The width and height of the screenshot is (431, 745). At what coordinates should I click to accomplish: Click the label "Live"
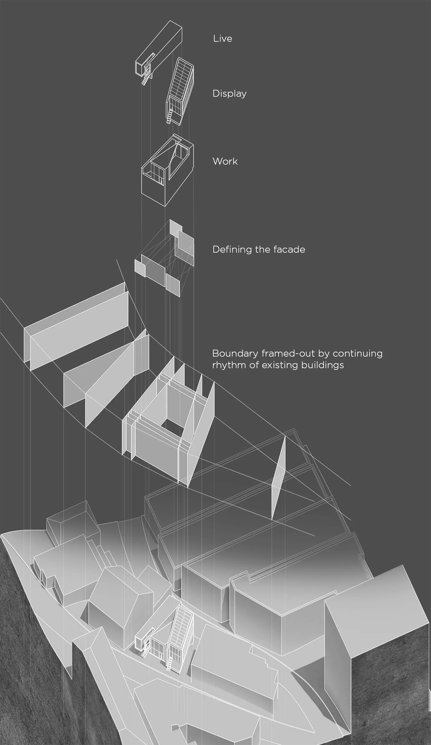tap(223, 38)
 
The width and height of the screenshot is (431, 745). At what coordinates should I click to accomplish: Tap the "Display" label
tap(230, 93)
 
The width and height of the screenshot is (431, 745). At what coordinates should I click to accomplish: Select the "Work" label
tap(225, 161)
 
